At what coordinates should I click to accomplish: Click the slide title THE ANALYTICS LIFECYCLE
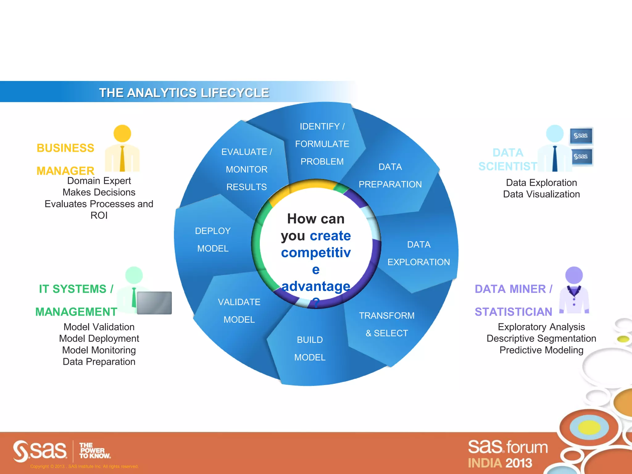click(x=184, y=93)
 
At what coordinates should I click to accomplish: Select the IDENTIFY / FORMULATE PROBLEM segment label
click(x=322, y=144)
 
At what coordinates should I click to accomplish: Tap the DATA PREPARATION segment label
click(x=390, y=176)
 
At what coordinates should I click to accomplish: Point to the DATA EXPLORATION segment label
click(x=418, y=253)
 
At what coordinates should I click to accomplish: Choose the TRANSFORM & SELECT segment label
click(x=387, y=324)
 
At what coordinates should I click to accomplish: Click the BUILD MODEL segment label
click(x=310, y=348)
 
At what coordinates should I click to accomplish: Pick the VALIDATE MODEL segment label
click(x=239, y=311)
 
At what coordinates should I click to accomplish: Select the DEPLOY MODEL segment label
click(x=213, y=239)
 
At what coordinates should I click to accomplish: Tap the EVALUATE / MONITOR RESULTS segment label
click(x=247, y=169)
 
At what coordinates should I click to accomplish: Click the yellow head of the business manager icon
click(x=122, y=134)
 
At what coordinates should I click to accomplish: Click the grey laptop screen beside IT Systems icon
click(x=154, y=303)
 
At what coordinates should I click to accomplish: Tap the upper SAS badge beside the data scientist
click(x=581, y=136)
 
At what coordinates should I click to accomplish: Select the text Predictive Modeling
click(x=541, y=350)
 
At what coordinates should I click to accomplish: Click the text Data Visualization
click(x=541, y=194)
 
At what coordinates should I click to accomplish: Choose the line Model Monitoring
click(x=99, y=350)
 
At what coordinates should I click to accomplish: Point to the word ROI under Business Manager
click(x=99, y=215)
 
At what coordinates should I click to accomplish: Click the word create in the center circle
click(x=330, y=236)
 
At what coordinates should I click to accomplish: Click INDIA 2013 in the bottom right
click(x=500, y=463)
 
